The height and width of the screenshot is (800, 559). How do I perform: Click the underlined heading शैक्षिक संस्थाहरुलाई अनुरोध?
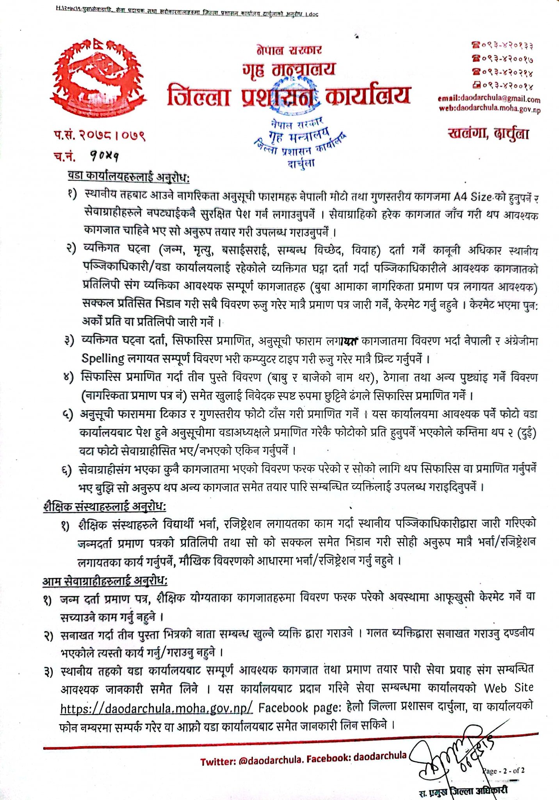pos(105,507)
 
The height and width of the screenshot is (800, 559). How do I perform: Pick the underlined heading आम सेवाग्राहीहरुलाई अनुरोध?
pos(105,581)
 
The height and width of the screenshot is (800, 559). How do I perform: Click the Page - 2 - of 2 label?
pos(504,771)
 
